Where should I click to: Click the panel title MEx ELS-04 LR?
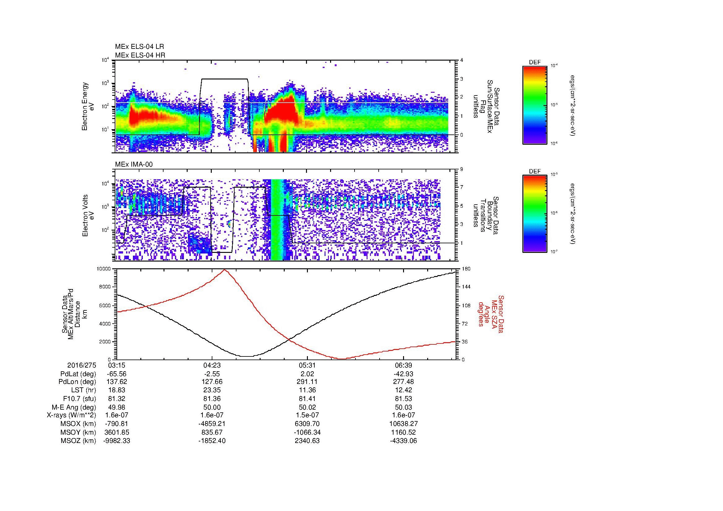point(139,47)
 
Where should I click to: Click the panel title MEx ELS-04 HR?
point(140,55)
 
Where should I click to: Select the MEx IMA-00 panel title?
point(134,164)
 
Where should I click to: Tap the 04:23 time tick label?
point(212,365)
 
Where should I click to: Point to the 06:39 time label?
point(403,365)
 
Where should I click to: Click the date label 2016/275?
point(82,365)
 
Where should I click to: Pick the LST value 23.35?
point(212,390)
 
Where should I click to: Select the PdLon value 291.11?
point(307,382)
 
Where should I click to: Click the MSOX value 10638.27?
point(403,424)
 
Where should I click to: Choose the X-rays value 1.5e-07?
point(307,415)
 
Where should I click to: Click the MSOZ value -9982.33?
point(117,441)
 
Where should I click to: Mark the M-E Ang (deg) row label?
point(74,407)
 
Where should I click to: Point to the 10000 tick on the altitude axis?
point(104,269)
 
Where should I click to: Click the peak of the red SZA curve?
point(224,270)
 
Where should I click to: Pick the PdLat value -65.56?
point(117,374)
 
